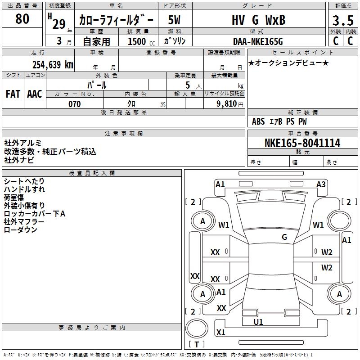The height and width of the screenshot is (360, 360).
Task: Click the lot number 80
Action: [x=22, y=19]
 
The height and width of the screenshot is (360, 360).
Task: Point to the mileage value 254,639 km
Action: [x=53, y=64]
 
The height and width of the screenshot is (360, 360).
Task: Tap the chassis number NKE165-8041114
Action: [x=302, y=143]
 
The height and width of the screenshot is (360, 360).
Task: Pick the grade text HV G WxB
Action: [x=258, y=20]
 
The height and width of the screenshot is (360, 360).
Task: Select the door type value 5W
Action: [x=175, y=20]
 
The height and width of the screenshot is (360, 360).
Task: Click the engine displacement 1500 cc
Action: [x=140, y=41]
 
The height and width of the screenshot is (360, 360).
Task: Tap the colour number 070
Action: [x=75, y=104]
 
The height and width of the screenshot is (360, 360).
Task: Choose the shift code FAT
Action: [x=13, y=94]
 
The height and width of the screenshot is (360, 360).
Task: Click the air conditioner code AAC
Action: [x=35, y=94]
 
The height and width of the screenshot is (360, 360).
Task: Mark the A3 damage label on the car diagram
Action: [x=321, y=184]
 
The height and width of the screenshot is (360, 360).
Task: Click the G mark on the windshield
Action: [x=284, y=237]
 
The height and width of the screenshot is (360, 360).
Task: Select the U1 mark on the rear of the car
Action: [x=258, y=322]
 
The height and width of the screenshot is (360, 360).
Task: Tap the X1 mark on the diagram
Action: [x=220, y=333]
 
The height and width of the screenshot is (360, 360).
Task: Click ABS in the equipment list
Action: [x=258, y=121]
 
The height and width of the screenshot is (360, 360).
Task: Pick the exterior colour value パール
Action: [x=97, y=85]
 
